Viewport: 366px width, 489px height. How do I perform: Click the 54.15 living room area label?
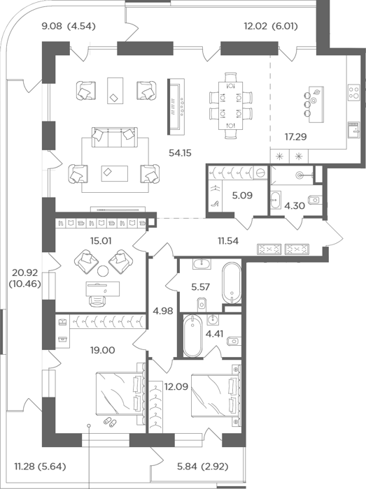coord(180,153)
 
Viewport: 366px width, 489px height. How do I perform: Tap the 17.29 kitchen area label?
coord(295,137)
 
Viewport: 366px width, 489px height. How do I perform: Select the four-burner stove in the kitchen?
coord(354,93)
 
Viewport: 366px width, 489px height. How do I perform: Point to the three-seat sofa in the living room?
coord(114,137)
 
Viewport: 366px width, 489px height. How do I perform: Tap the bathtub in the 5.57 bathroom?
coord(232,283)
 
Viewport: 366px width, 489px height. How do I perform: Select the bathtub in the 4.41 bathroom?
coord(192,336)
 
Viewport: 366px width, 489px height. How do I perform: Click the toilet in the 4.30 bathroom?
coord(314,199)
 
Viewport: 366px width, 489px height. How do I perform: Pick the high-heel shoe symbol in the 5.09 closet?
coord(215,204)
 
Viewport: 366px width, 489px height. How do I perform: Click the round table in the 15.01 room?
coord(103,271)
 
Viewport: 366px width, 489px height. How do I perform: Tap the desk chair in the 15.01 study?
coord(97,300)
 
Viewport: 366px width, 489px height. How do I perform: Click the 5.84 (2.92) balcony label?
coord(202,467)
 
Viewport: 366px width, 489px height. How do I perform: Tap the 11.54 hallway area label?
coord(228,240)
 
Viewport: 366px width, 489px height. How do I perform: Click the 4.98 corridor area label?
coord(163,311)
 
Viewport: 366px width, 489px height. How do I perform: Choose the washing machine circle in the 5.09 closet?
coord(260,172)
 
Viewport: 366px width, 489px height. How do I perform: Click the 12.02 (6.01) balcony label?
coord(270,27)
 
